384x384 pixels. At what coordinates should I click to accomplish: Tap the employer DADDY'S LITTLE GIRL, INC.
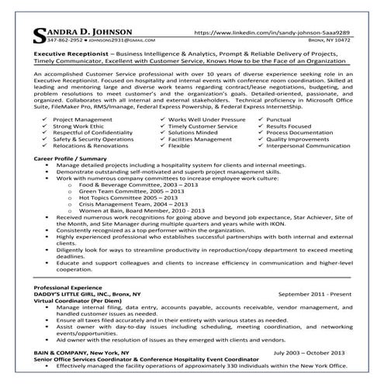pos(76,295)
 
